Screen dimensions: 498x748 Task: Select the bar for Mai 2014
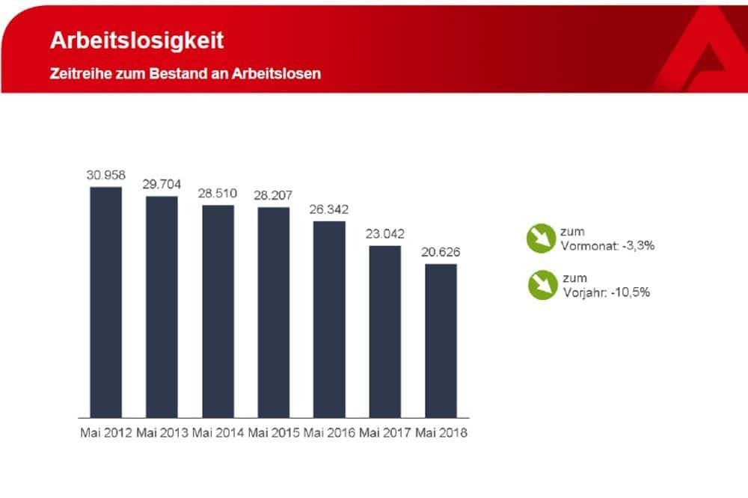(x=218, y=310)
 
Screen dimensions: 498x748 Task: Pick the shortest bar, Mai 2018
(x=441, y=340)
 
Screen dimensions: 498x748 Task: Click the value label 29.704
(x=162, y=185)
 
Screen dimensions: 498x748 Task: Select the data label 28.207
(x=275, y=195)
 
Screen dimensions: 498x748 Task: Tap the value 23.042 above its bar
(x=385, y=233)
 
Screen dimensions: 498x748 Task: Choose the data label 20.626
(x=441, y=252)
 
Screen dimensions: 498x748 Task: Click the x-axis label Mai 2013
(x=162, y=433)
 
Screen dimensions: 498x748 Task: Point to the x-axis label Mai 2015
(x=275, y=433)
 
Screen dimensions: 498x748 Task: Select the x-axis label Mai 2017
(x=385, y=433)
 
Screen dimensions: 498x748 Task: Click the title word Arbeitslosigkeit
(x=136, y=40)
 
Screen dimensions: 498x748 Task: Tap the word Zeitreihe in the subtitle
(x=80, y=74)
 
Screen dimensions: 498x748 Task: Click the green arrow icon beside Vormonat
(x=541, y=239)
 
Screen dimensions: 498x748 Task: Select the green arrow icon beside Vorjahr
(x=541, y=285)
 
